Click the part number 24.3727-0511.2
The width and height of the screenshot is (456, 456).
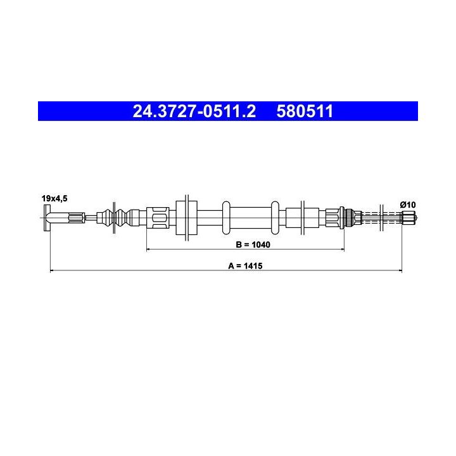194,111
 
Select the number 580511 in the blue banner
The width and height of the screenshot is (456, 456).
305,111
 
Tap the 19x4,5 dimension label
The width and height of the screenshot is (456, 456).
54,199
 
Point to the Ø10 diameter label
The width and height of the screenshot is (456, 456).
408,205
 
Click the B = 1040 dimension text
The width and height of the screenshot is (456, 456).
253,244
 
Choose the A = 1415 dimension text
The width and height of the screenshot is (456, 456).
245,266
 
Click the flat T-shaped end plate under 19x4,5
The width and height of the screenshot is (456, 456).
47,218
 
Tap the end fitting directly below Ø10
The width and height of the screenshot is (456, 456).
408,217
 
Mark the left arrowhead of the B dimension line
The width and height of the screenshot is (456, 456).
148,250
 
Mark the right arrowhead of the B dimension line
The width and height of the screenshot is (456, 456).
342,250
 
